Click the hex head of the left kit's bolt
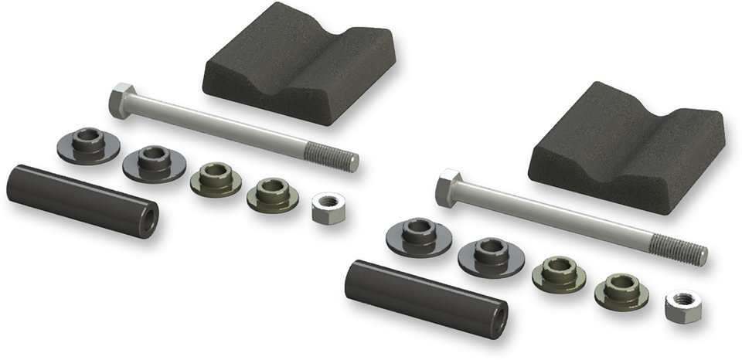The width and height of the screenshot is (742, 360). pos(121,100)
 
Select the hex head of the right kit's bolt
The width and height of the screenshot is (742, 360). pos(448,188)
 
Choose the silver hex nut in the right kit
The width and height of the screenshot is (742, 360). pos(683,306)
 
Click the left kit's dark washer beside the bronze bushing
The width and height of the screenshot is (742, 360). pos(154,162)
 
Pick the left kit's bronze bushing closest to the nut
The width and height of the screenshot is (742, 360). pos(273,194)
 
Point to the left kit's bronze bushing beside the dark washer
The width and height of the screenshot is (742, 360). pos(216,178)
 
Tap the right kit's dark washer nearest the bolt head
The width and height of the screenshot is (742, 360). pos(419,236)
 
